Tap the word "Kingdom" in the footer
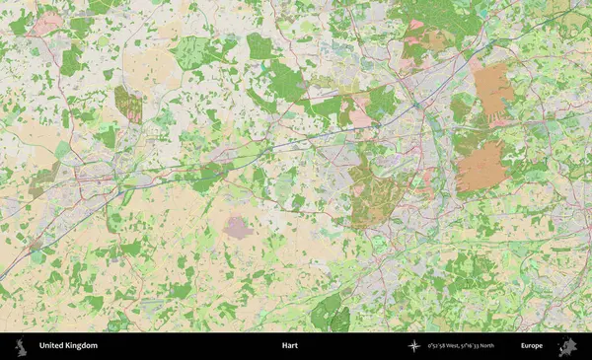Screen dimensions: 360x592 point(82,346)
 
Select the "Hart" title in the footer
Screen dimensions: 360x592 point(289,346)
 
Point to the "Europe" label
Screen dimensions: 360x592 point(532,346)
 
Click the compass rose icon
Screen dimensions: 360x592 point(413,346)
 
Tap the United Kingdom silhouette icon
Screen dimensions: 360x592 point(23,346)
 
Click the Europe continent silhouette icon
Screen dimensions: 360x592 point(566,346)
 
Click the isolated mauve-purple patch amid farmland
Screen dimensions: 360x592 point(240,228)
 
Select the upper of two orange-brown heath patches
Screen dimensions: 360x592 point(492,90)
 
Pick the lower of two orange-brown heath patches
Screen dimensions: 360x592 point(481,165)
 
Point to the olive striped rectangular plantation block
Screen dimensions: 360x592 point(127,104)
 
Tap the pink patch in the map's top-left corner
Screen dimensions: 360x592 point(45,23)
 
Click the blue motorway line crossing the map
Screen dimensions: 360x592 point(296,148)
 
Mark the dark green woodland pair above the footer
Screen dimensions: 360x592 point(331,314)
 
